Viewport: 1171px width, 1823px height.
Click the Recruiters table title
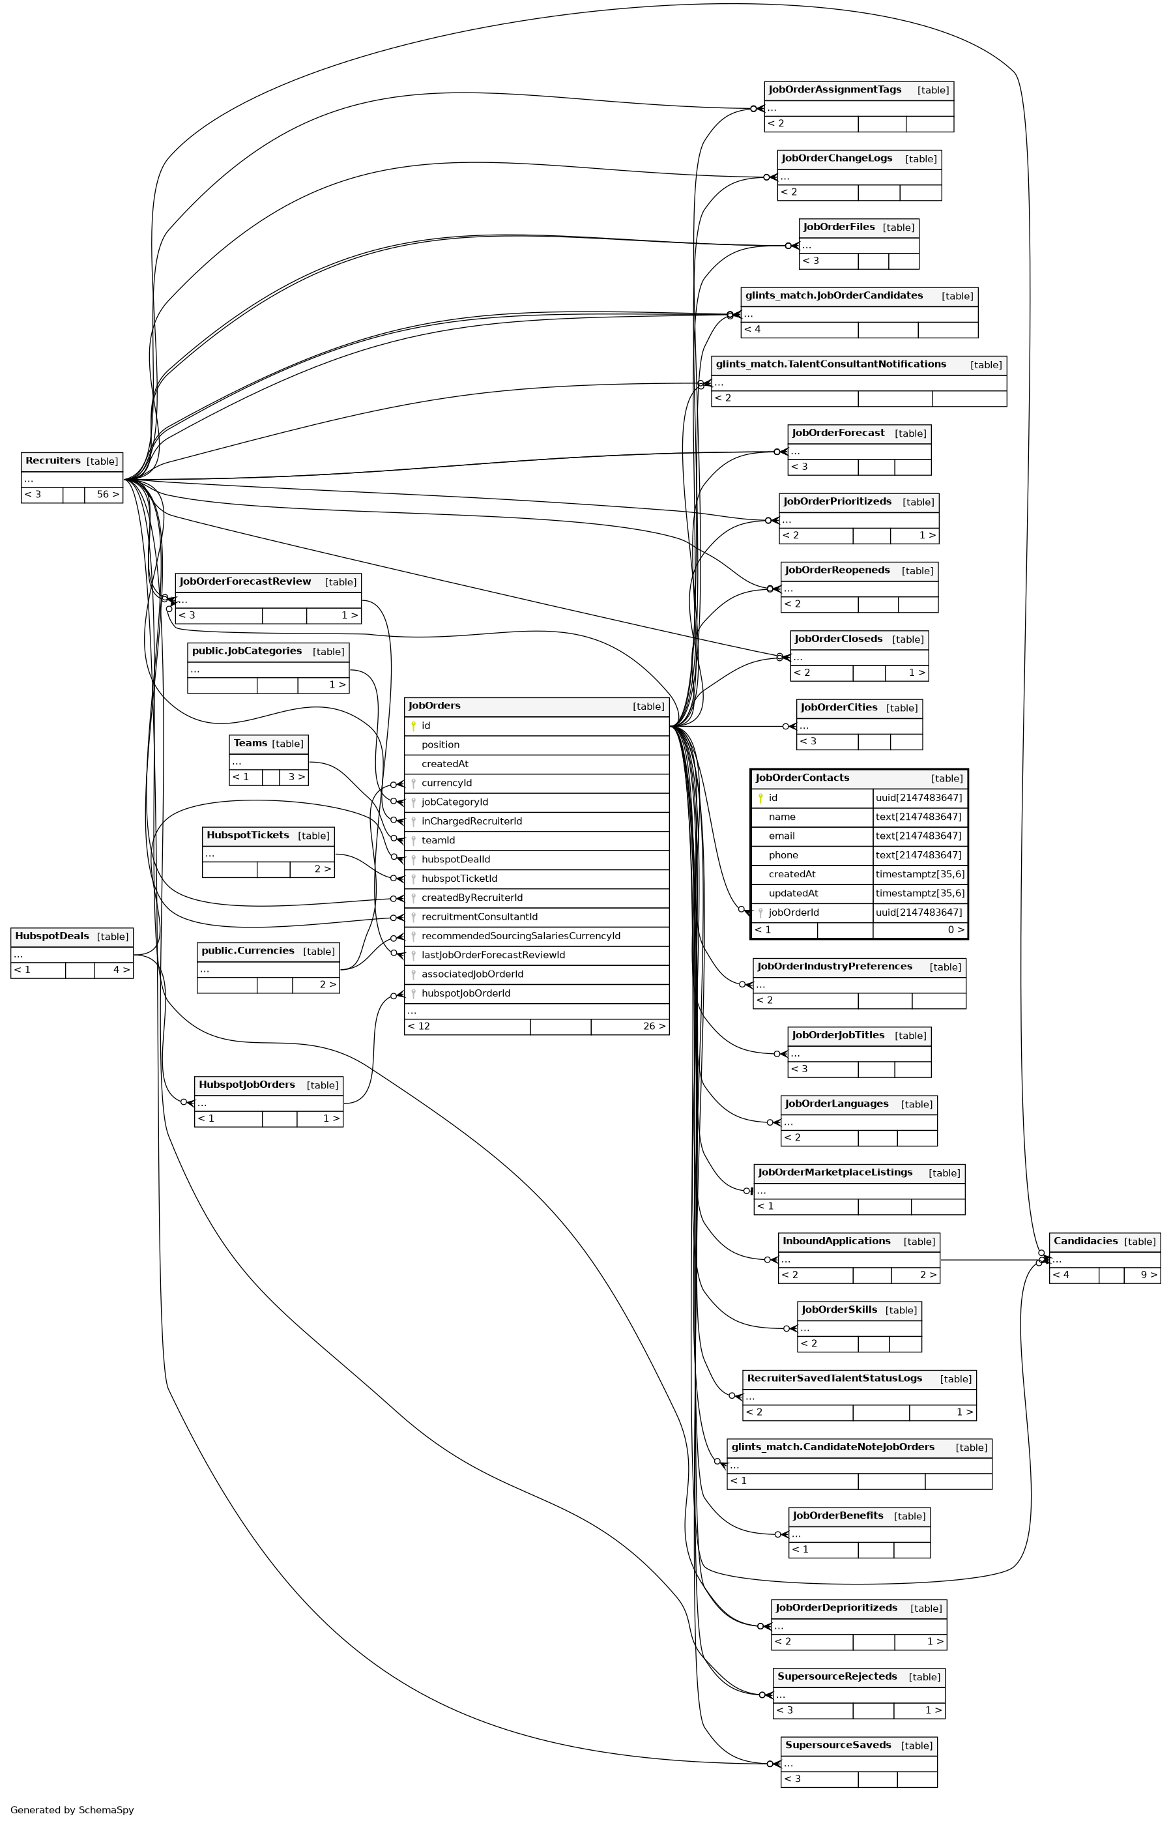tap(53, 461)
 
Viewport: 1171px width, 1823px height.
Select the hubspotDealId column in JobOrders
tap(455, 860)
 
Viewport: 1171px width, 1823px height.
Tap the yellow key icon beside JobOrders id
tap(414, 726)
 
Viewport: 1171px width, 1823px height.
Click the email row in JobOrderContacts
tap(782, 836)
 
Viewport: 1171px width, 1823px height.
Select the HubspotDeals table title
tap(51, 936)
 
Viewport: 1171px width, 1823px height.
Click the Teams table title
tap(250, 743)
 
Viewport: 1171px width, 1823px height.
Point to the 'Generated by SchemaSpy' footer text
tap(72, 1809)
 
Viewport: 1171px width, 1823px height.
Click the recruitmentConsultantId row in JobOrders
tap(479, 916)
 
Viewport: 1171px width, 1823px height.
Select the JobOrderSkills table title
tap(839, 1309)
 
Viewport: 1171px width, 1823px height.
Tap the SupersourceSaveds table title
tap(838, 1745)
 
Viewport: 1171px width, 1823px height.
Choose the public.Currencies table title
tap(247, 951)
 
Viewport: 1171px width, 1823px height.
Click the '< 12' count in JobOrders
tap(419, 1026)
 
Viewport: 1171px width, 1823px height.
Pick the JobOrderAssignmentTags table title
tap(834, 90)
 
